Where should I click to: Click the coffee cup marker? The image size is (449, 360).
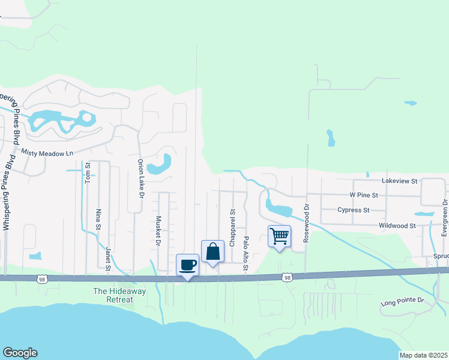click(187, 265)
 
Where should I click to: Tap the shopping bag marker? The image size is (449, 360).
click(212, 251)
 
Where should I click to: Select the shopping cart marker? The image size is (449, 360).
click(279, 236)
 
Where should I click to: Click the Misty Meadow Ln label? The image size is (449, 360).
click(47, 153)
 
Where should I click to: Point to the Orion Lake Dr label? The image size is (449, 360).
click(141, 179)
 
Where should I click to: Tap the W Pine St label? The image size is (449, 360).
click(364, 195)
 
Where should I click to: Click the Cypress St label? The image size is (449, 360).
click(353, 210)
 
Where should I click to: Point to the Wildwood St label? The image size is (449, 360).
click(397, 226)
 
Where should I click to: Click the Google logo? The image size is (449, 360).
click(20, 353)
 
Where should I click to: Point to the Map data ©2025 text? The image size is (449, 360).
click(423, 355)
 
